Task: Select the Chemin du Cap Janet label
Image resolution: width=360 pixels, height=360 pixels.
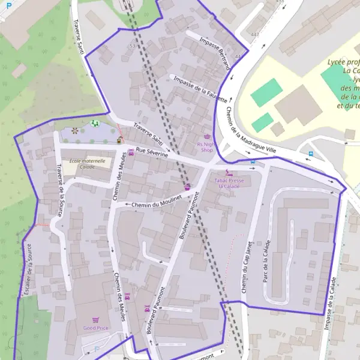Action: [245, 264]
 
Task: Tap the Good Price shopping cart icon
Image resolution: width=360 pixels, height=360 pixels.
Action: [95, 320]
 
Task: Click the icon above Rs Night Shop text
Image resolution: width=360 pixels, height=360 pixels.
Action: [208, 137]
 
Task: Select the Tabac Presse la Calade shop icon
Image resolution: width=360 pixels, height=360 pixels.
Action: [227, 173]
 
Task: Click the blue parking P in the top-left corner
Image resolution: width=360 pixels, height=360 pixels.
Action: [8, 11]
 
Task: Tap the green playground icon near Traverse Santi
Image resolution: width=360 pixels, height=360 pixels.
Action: [94, 124]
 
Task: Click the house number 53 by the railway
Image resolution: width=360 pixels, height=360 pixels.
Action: [132, 46]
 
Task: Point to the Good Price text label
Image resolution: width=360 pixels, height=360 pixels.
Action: [95, 328]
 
